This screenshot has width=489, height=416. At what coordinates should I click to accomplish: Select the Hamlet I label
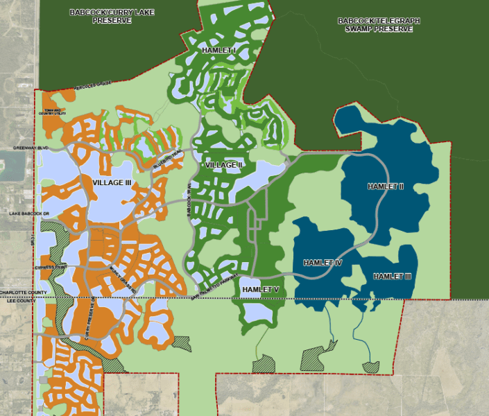tap(219, 51)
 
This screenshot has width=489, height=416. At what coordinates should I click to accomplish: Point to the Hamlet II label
tap(385, 187)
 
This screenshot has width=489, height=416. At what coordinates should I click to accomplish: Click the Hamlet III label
tap(393, 276)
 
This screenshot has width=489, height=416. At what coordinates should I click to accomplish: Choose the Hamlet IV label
tap(323, 263)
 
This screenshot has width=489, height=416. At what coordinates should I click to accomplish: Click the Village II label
tap(223, 165)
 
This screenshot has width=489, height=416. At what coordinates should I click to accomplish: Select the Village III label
tap(111, 182)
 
